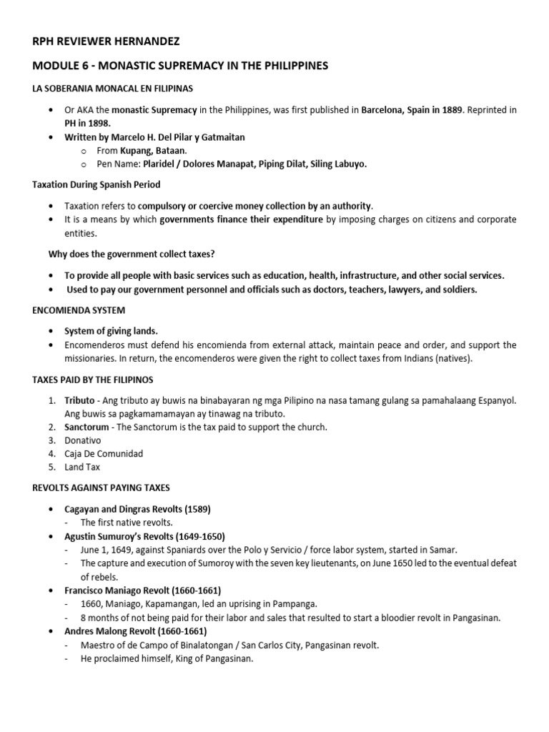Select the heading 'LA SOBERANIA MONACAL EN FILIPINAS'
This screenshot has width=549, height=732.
pos(114,88)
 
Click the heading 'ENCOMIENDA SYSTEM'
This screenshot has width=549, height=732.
pos(79,310)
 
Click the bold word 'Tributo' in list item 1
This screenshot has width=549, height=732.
pos(79,400)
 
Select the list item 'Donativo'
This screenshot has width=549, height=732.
pos(83,440)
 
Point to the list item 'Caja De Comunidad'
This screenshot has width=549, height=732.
pos(104,454)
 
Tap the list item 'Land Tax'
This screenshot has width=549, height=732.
pos(82,468)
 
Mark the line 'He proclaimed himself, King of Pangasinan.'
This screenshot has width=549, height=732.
pos(167,658)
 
